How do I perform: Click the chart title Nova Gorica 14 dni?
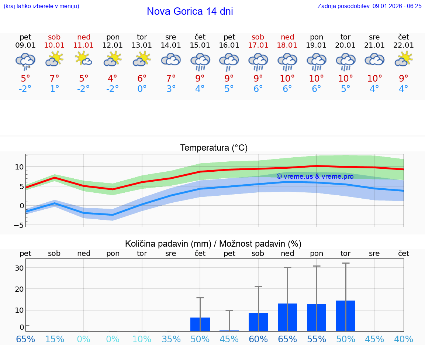[190, 11]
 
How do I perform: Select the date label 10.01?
[54, 45]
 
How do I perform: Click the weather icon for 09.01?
[25, 61]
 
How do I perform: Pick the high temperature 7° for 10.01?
[54, 79]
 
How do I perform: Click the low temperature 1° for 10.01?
[54, 89]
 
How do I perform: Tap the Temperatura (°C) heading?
[214, 148]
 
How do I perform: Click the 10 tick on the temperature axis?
[19, 167]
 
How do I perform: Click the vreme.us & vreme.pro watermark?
[315, 176]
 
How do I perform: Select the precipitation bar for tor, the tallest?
[346, 316]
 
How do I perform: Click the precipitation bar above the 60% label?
[258, 322]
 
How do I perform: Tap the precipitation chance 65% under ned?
[287, 339]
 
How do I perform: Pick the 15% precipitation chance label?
[54, 339]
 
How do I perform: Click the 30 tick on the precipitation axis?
[19, 268]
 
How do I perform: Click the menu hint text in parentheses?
[41, 6]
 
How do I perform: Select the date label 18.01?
[287, 45]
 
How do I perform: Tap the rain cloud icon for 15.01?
[200, 61]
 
